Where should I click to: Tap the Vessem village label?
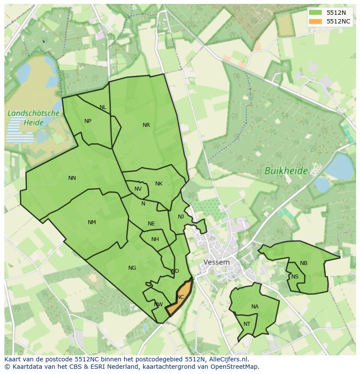216,262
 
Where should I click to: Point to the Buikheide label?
286,171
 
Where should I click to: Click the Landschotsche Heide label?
33,118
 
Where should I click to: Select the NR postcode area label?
146,125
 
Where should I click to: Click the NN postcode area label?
72,178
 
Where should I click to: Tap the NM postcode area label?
92,222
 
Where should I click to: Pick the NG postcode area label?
132,268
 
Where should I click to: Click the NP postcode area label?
88,121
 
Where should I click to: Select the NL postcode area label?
103,107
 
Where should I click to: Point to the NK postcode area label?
159,184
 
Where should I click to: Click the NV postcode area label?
138,189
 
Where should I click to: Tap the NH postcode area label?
155,239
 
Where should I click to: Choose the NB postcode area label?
303,263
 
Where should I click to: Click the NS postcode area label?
295,277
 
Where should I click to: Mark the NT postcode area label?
247,324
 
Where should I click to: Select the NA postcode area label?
255,307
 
